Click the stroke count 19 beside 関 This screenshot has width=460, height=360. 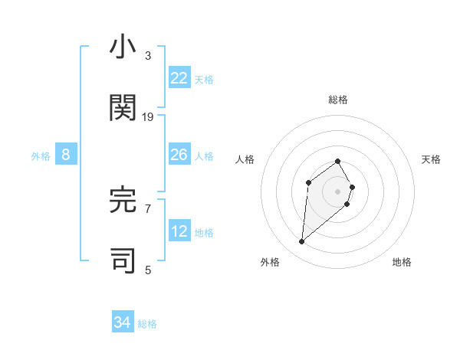[x=148, y=116]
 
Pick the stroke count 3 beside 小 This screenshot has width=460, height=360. [x=148, y=56]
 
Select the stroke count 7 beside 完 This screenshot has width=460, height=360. [x=148, y=208]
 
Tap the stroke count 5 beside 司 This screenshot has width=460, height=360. [x=148, y=269]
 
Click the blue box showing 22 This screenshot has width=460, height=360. [x=179, y=78]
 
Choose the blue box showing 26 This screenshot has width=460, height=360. [x=179, y=155]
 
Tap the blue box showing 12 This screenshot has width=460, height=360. [x=179, y=231]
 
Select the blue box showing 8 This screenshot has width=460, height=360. [x=66, y=155]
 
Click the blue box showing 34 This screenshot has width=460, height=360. [x=123, y=323]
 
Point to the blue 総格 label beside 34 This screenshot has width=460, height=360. [x=147, y=324]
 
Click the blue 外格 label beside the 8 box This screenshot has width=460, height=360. [x=41, y=156]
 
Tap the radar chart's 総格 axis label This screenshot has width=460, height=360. [x=338, y=100]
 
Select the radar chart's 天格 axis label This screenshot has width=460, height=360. [x=432, y=159]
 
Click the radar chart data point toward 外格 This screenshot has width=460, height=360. [x=301, y=242]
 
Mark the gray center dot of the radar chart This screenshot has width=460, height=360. [x=338, y=191]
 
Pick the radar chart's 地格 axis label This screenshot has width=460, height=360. [x=402, y=262]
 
